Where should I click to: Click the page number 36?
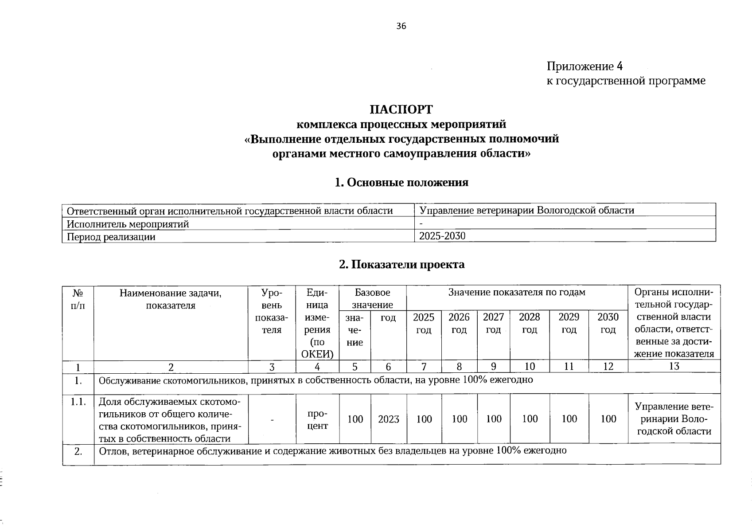tap(401, 26)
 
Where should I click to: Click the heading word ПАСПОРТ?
tap(401, 109)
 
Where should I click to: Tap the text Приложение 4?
tap(584, 66)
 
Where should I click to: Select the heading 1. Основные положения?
tap(401, 183)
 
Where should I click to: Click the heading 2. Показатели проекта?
tap(401, 265)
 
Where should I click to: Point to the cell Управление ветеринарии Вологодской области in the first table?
tap(526, 210)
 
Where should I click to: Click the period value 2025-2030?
tap(442, 236)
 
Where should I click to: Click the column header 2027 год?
tap(493, 323)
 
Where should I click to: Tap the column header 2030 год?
tap(608, 323)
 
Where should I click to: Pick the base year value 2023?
tap(388, 419)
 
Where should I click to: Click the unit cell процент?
tap(317, 419)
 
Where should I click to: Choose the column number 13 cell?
tap(674, 366)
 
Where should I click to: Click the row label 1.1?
tap(78, 402)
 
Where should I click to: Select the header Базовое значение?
tap(372, 298)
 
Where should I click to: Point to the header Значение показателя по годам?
tap(516, 292)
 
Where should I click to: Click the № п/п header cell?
tap(78, 299)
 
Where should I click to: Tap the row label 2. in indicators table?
tap(78, 452)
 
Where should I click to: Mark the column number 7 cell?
tap(424, 367)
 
